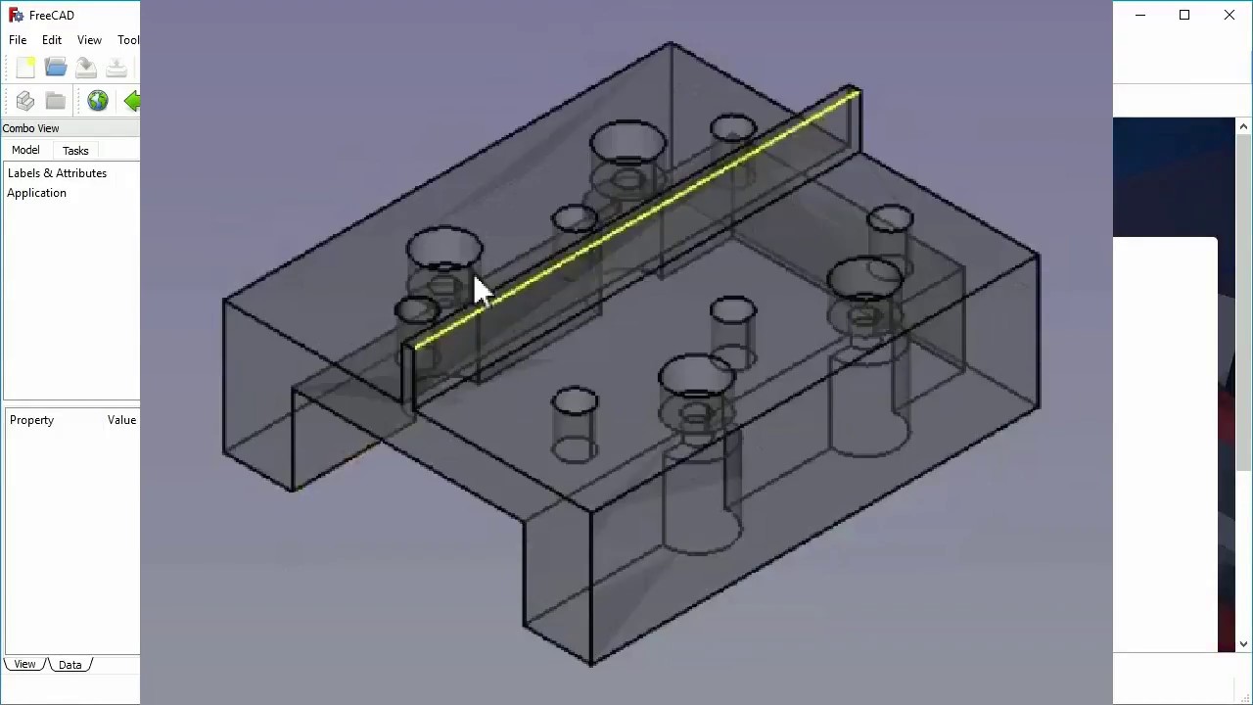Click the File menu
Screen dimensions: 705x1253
pyautogui.click(x=18, y=40)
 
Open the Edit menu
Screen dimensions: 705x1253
pyautogui.click(x=52, y=40)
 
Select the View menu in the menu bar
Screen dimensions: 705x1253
pyautogui.click(x=89, y=40)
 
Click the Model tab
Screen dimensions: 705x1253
pyautogui.click(x=25, y=150)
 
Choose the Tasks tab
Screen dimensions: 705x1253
pyautogui.click(x=75, y=151)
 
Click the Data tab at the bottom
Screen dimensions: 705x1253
pyautogui.click(x=70, y=665)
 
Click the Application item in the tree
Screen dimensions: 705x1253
pyautogui.click(x=36, y=193)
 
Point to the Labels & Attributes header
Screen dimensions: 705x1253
pyautogui.click(x=57, y=173)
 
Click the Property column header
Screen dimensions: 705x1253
pyautogui.click(x=31, y=420)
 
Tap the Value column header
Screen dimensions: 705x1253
pyautogui.click(x=121, y=420)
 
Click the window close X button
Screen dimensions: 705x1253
pyautogui.click(x=1230, y=15)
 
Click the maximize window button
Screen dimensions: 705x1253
pyautogui.click(x=1184, y=15)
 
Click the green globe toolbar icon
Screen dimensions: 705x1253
pyautogui.click(x=97, y=100)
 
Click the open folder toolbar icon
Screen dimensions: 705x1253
pyautogui.click(x=56, y=67)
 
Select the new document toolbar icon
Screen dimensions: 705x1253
pyautogui.click(x=25, y=67)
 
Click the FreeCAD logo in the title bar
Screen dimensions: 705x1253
pyautogui.click(x=15, y=15)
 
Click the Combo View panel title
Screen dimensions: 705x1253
pyautogui.click(x=30, y=128)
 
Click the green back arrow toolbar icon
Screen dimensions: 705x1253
pyautogui.click(x=132, y=100)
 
